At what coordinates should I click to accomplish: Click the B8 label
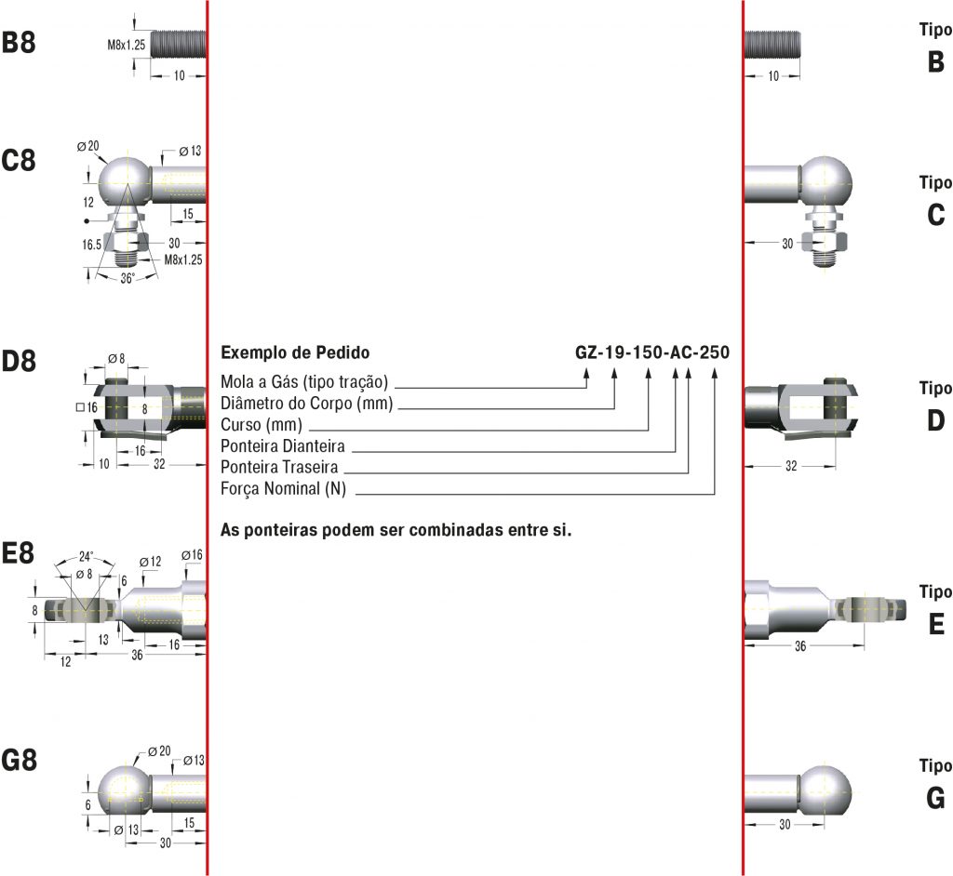click(19, 44)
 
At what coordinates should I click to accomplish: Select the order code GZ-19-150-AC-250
click(652, 353)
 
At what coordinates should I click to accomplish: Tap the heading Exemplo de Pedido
click(295, 353)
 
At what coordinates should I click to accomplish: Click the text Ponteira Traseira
click(279, 467)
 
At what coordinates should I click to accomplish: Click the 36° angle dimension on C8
click(127, 278)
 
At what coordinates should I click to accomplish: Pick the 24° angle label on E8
click(86, 556)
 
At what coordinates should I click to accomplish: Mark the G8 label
click(19, 761)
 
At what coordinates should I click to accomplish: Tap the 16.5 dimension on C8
click(91, 245)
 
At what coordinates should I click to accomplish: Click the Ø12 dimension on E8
click(151, 562)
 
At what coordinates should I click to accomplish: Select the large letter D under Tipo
click(935, 421)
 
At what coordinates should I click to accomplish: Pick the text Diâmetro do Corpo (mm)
click(307, 403)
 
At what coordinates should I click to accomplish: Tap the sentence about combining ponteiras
click(396, 531)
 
